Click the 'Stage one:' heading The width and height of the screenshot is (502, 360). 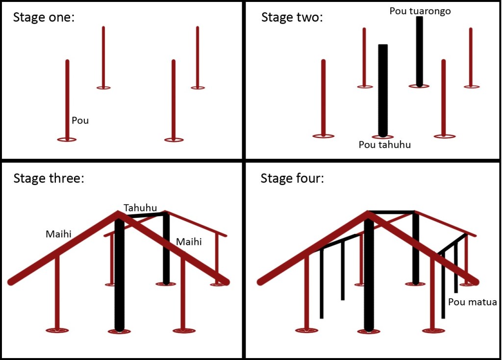point(44,17)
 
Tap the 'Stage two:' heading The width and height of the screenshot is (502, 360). point(292,17)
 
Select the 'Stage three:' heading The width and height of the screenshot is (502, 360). point(49,178)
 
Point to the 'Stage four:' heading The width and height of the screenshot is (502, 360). point(292,178)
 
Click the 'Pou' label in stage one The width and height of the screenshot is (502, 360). point(80,121)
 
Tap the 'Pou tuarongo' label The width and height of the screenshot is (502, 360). point(420,11)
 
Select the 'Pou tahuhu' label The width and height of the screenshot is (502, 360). point(384,145)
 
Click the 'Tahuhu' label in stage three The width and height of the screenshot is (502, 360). point(140,208)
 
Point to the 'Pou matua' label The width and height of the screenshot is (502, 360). point(473,302)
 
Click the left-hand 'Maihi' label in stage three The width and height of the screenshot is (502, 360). point(59,234)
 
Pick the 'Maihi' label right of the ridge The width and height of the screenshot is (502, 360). point(189,242)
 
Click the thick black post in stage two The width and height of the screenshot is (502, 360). point(383,91)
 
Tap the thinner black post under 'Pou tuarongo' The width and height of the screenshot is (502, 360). point(420,51)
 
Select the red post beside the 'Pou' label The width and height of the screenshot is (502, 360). point(67,100)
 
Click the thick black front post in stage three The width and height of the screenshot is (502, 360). point(119,274)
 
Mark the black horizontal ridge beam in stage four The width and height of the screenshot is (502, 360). point(391,212)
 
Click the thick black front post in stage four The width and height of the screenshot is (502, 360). point(369,274)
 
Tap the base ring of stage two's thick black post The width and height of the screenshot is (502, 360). point(382,137)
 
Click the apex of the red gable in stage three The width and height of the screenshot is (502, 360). point(118,212)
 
